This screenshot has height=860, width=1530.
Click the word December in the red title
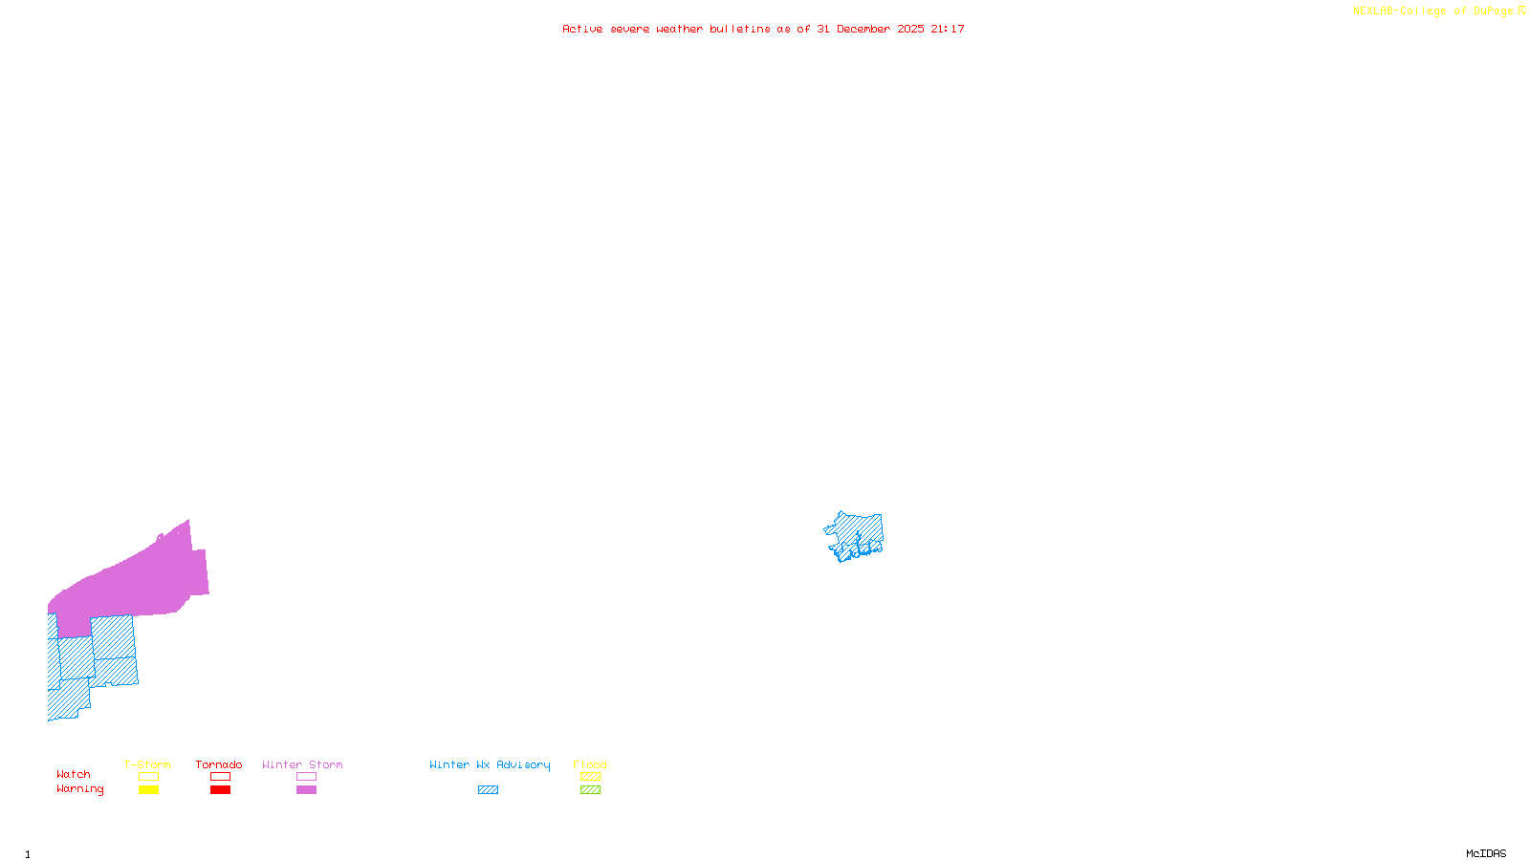tap(863, 30)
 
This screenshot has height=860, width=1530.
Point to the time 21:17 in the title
tap(948, 30)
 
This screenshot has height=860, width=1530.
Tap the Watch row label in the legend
tap(74, 775)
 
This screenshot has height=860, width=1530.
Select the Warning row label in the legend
tap(80, 789)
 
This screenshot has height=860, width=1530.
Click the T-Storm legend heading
tap(147, 764)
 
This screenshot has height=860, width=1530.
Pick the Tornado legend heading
tap(219, 764)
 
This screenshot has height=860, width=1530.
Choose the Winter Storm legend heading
tap(302, 764)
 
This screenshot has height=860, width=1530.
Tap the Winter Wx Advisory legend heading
tap(490, 764)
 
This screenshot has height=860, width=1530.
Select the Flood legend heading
tap(590, 764)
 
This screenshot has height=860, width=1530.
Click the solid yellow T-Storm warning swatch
tap(148, 790)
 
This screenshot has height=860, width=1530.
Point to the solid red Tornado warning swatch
tap(221, 790)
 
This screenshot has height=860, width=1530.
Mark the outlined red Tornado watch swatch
tap(221, 777)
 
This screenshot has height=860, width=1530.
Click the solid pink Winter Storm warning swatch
tap(307, 790)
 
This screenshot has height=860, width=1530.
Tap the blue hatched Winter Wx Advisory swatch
tap(488, 790)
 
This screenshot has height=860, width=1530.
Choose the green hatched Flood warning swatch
tap(591, 790)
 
